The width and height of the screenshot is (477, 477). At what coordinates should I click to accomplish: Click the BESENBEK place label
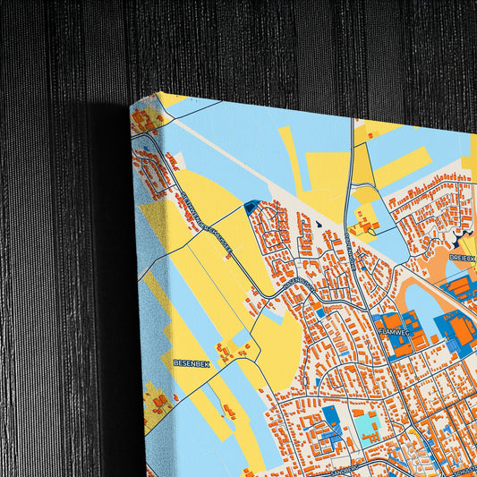coord(191,364)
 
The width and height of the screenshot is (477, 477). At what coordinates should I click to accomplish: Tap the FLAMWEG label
coord(394,331)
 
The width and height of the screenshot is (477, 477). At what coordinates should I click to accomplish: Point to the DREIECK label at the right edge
coord(463,257)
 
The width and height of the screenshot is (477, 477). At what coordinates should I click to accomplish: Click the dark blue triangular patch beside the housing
coord(251,207)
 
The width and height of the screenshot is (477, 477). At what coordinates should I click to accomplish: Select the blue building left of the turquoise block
coord(331,416)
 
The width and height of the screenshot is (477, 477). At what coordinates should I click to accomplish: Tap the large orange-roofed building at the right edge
coord(462,332)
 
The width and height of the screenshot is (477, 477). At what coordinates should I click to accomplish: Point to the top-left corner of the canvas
coord(132,105)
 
